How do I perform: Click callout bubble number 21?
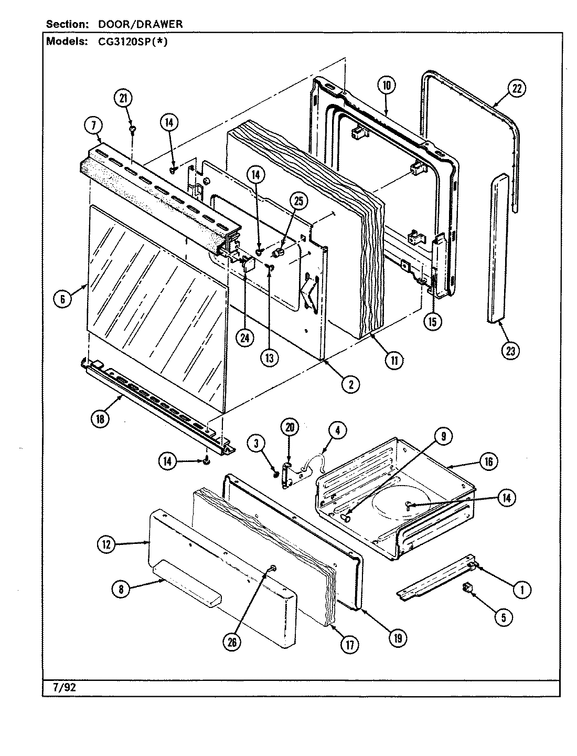coord(124,99)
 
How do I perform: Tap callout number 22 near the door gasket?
coord(517,89)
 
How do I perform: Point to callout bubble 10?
coord(386,86)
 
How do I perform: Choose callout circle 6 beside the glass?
coord(62,299)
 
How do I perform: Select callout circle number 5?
coord(503,617)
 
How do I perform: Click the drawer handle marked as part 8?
coord(184,584)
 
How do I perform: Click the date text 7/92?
coord(62,686)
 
